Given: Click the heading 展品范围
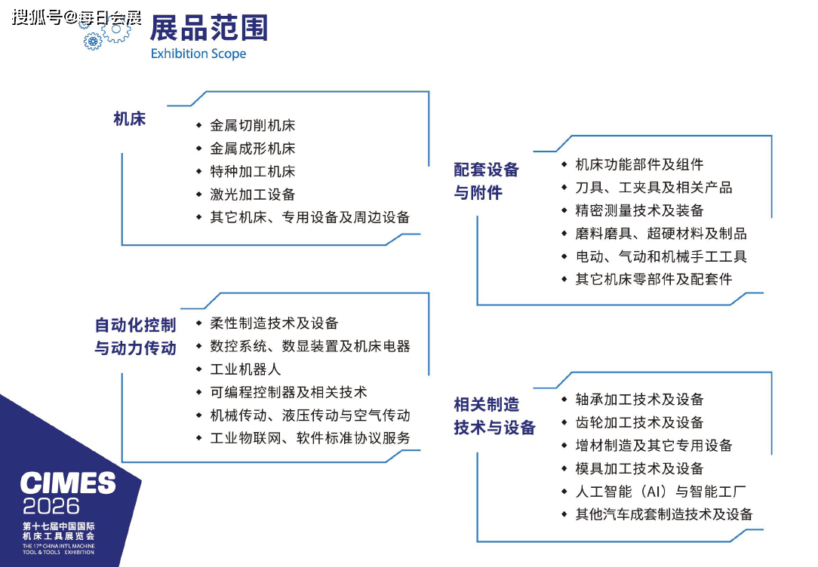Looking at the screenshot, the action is (x=209, y=28).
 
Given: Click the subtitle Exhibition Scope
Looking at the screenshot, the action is (x=198, y=54).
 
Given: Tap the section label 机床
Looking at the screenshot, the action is (x=129, y=119).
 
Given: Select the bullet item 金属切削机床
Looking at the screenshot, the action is (x=253, y=126).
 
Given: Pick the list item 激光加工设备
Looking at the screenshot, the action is (x=253, y=195).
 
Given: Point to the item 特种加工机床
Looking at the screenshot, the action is (x=253, y=171).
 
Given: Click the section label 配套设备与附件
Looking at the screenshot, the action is (x=486, y=181).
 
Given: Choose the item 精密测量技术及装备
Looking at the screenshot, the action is (x=639, y=210).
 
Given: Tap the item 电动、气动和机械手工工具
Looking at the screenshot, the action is (x=661, y=256).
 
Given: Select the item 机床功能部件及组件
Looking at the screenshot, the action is (x=639, y=164).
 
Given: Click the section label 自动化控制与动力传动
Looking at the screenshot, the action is (x=135, y=336).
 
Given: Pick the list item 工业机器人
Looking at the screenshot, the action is (x=245, y=369).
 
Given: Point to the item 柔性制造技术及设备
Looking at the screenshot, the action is (x=274, y=323).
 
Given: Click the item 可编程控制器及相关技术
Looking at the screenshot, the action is (x=288, y=392).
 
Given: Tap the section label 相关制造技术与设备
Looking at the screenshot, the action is (x=494, y=416).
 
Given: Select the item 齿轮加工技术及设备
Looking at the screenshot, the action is (x=639, y=423).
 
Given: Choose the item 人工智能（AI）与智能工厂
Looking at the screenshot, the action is (x=660, y=492).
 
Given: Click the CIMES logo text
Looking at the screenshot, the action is (x=68, y=483).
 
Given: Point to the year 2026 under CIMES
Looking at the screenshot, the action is (x=51, y=506).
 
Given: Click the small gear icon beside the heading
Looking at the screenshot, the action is (x=93, y=41).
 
